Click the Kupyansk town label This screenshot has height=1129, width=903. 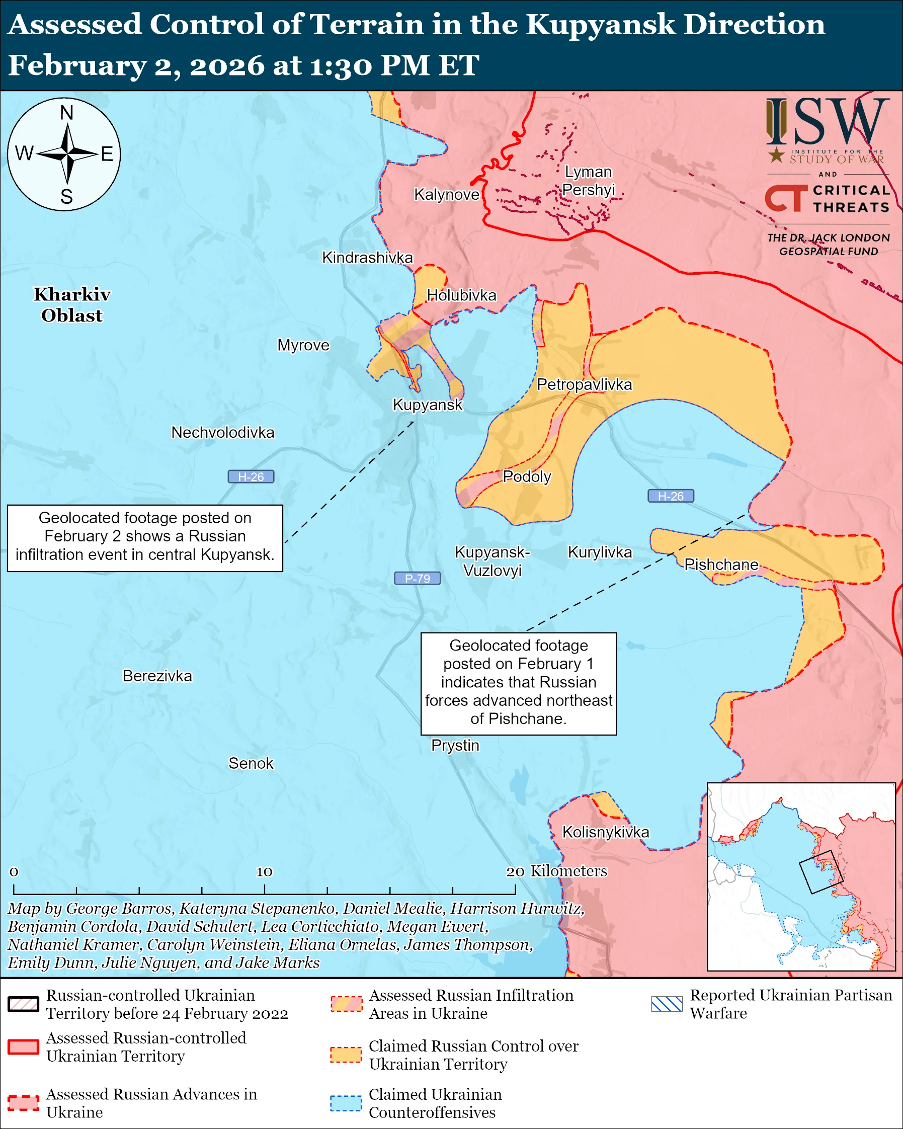[x=428, y=405]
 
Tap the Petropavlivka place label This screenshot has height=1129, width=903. [x=584, y=384]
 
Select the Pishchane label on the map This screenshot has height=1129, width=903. [x=721, y=564]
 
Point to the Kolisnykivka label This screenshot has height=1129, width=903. [x=605, y=832]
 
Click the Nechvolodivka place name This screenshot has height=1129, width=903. [x=222, y=433]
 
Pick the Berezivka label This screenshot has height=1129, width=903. [x=157, y=676]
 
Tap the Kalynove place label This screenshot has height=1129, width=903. [x=447, y=195]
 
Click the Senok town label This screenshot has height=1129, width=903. [x=251, y=764]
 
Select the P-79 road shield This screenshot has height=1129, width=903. [x=417, y=579]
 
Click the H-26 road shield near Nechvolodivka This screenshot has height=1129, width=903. [x=251, y=477]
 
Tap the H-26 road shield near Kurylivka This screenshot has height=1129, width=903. [x=671, y=496]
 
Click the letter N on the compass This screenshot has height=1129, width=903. [x=66, y=113]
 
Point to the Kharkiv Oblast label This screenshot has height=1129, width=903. [x=72, y=305]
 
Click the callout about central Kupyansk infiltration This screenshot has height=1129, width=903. [x=145, y=538]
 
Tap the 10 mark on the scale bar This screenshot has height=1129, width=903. [x=264, y=872]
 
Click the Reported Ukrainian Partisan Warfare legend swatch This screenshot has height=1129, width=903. [x=667, y=1004]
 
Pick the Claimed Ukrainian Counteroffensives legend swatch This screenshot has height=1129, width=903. [x=346, y=1103]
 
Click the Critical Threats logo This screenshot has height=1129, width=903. [x=828, y=199]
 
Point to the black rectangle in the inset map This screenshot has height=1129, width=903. [x=821, y=872]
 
